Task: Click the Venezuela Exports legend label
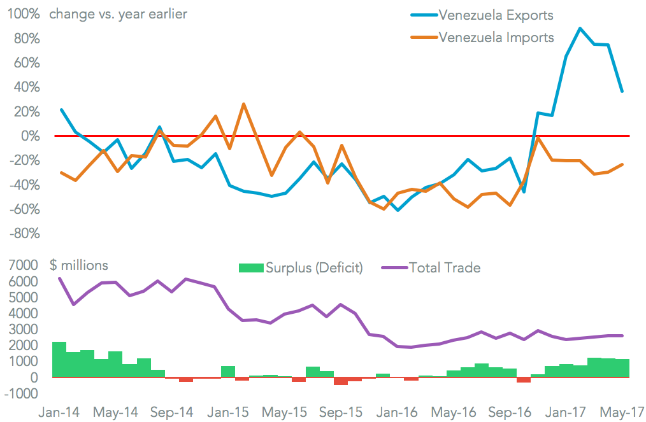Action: [x=496, y=15]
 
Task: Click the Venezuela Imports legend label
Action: [x=497, y=37]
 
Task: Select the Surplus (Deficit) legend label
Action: [x=315, y=268]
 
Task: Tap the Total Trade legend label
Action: [x=445, y=268]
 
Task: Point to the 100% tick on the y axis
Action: [x=24, y=14]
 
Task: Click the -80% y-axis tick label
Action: [x=24, y=233]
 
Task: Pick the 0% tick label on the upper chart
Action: [x=31, y=136]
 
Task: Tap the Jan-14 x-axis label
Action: [x=59, y=411]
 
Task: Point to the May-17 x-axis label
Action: [x=622, y=411]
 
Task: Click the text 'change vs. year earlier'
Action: [x=118, y=14]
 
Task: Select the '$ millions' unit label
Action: [x=79, y=265]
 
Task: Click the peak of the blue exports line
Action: [x=580, y=28]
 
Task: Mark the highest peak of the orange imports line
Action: [x=243, y=104]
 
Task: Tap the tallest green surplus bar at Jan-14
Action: [x=59, y=360]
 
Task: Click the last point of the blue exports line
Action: [x=622, y=92]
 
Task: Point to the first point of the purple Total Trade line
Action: [x=59, y=278]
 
